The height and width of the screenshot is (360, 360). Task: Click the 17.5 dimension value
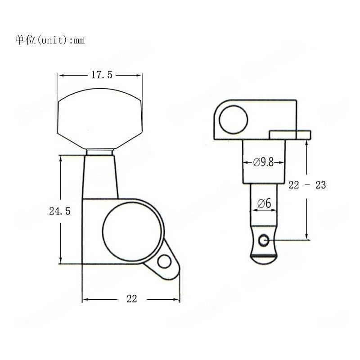pyautogui.click(x=102, y=75)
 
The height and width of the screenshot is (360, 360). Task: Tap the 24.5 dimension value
pyautogui.click(x=60, y=211)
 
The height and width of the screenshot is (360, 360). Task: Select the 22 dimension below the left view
pyautogui.click(x=131, y=299)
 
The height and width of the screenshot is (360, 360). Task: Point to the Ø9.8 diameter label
pyautogui.click(x=263, y=162)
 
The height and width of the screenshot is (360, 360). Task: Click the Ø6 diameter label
pyautogui.click(x=264, y=203)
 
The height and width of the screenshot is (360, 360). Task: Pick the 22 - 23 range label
pyautogui.click(x=307, y=185)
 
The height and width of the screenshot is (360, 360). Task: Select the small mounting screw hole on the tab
pyautogui.click(x=165, y=262)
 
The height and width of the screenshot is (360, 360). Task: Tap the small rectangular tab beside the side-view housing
pyautogui.click(x=290, y=134)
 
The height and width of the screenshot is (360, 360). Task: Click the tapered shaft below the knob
pyautogui.click(x=99, y=175)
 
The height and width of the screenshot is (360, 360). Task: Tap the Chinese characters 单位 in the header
pyautogui.click(x=25, y=40)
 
